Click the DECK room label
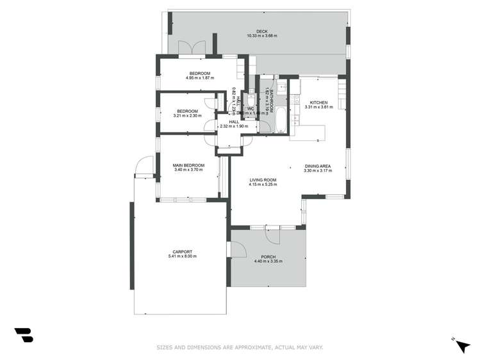[x=261, y=31]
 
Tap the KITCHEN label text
[x=319, y=102]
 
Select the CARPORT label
[x=182, y=251]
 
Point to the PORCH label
[x=268, y=256]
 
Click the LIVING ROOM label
[x=263, y=180]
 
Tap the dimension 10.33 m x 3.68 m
[x=261, y=36]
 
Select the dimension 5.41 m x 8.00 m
[x=182, y=256]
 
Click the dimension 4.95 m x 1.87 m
[x=200, y=78]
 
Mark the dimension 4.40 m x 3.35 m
[x=268, y=261]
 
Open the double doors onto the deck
[x=192, y=47]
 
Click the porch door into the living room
[x=272, y=234]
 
